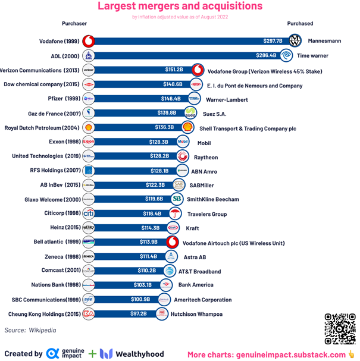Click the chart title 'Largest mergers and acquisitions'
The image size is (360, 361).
point(180,7)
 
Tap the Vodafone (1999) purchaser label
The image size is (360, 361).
point(58,41)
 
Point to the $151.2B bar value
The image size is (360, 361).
point(174,70)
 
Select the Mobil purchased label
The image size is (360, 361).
point(204,142)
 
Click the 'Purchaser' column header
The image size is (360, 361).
point(74,24)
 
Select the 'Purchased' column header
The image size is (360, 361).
point(300,24)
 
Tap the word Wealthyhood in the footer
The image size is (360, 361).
point(140,354)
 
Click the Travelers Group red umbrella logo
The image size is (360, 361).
point(175,214)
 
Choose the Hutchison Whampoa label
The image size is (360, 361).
point(196,313)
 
